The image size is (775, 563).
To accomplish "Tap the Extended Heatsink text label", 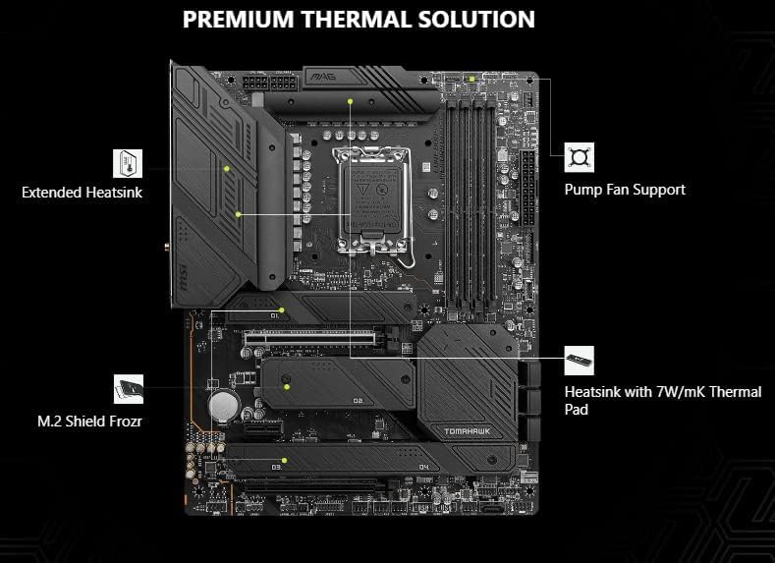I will pyautogui.click(x=82, y=193).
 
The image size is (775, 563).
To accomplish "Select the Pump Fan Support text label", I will pyautogui.click(x=625, y=189).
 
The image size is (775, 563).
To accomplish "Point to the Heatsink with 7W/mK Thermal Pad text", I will pyautogui.click(x=662, y=400).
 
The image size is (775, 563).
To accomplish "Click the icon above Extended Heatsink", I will pyautogui.click(x=129, y=161).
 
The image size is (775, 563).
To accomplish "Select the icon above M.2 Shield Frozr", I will pyautogui.click(x=129, y=388).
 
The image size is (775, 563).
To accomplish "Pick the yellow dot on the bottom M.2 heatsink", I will pyautogui.click(x=284, y=459).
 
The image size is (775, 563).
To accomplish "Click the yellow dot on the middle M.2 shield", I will pyautogui.click(x=286, y=387).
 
